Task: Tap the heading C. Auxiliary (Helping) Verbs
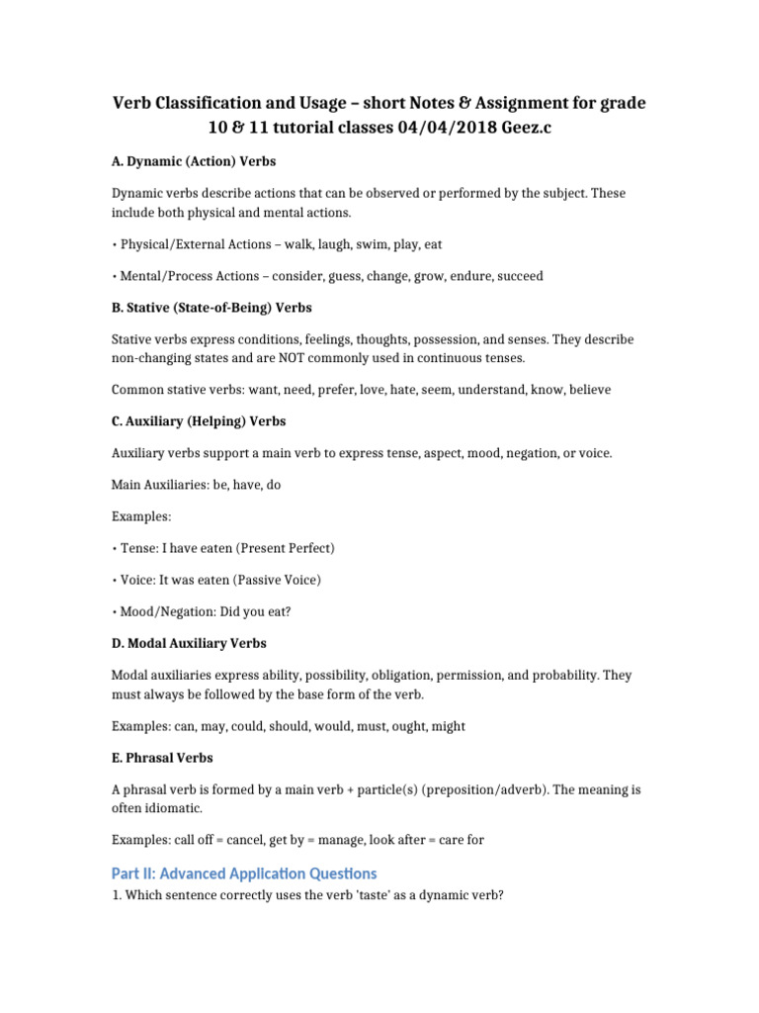pyautogui.click(x=199, y=421)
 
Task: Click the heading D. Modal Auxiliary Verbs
pyautogui.click(x=189, y=643)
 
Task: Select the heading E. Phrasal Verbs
pyautogui.click(x=161, y=758)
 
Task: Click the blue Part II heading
pyautogui.click(x=243, y=874)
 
